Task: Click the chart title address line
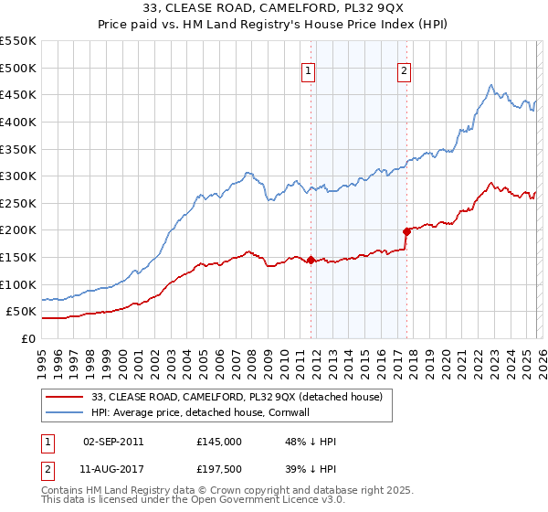(x=274, y=9)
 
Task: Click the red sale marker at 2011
(x=311, y=260)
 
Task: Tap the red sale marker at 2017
(x=406, y=231)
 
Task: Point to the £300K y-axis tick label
(x=18, y=176)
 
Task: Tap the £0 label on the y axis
(x=28, y=338)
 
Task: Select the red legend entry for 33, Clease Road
(x=242, y=397)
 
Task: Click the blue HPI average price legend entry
(x=213, y=412)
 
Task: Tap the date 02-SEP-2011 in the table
(x=112, y=441)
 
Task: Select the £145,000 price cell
(x=218, y=441)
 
